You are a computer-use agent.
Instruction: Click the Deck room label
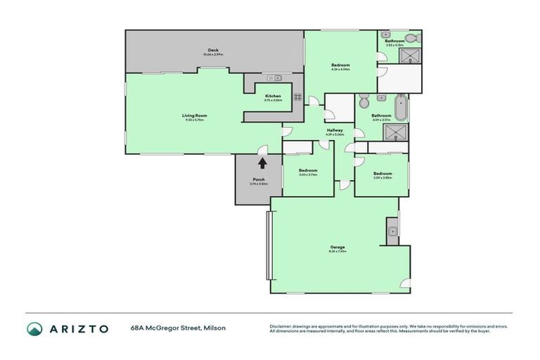click(x=213, y=51)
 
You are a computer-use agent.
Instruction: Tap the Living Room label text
click(x=194, y=116)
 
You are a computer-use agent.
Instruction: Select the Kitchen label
click(x=273, y=96)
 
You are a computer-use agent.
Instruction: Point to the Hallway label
click(x=335, y=131)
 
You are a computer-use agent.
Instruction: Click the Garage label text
click(x=337, y=247)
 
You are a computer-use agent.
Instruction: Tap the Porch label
click(x=259, y=181)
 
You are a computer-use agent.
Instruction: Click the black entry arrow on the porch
click(x=262, y=163)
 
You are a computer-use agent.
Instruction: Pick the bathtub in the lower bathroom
click(x=400, y=108)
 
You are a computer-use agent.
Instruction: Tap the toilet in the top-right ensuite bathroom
click(x=417, y=38)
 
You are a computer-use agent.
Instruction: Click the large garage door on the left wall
click(x=268, y=246)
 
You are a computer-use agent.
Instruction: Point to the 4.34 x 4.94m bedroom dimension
click(x=340, y=69)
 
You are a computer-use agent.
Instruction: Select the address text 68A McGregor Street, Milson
click(x=177, y=328)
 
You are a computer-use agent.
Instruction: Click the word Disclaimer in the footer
click(x=281, y=326)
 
